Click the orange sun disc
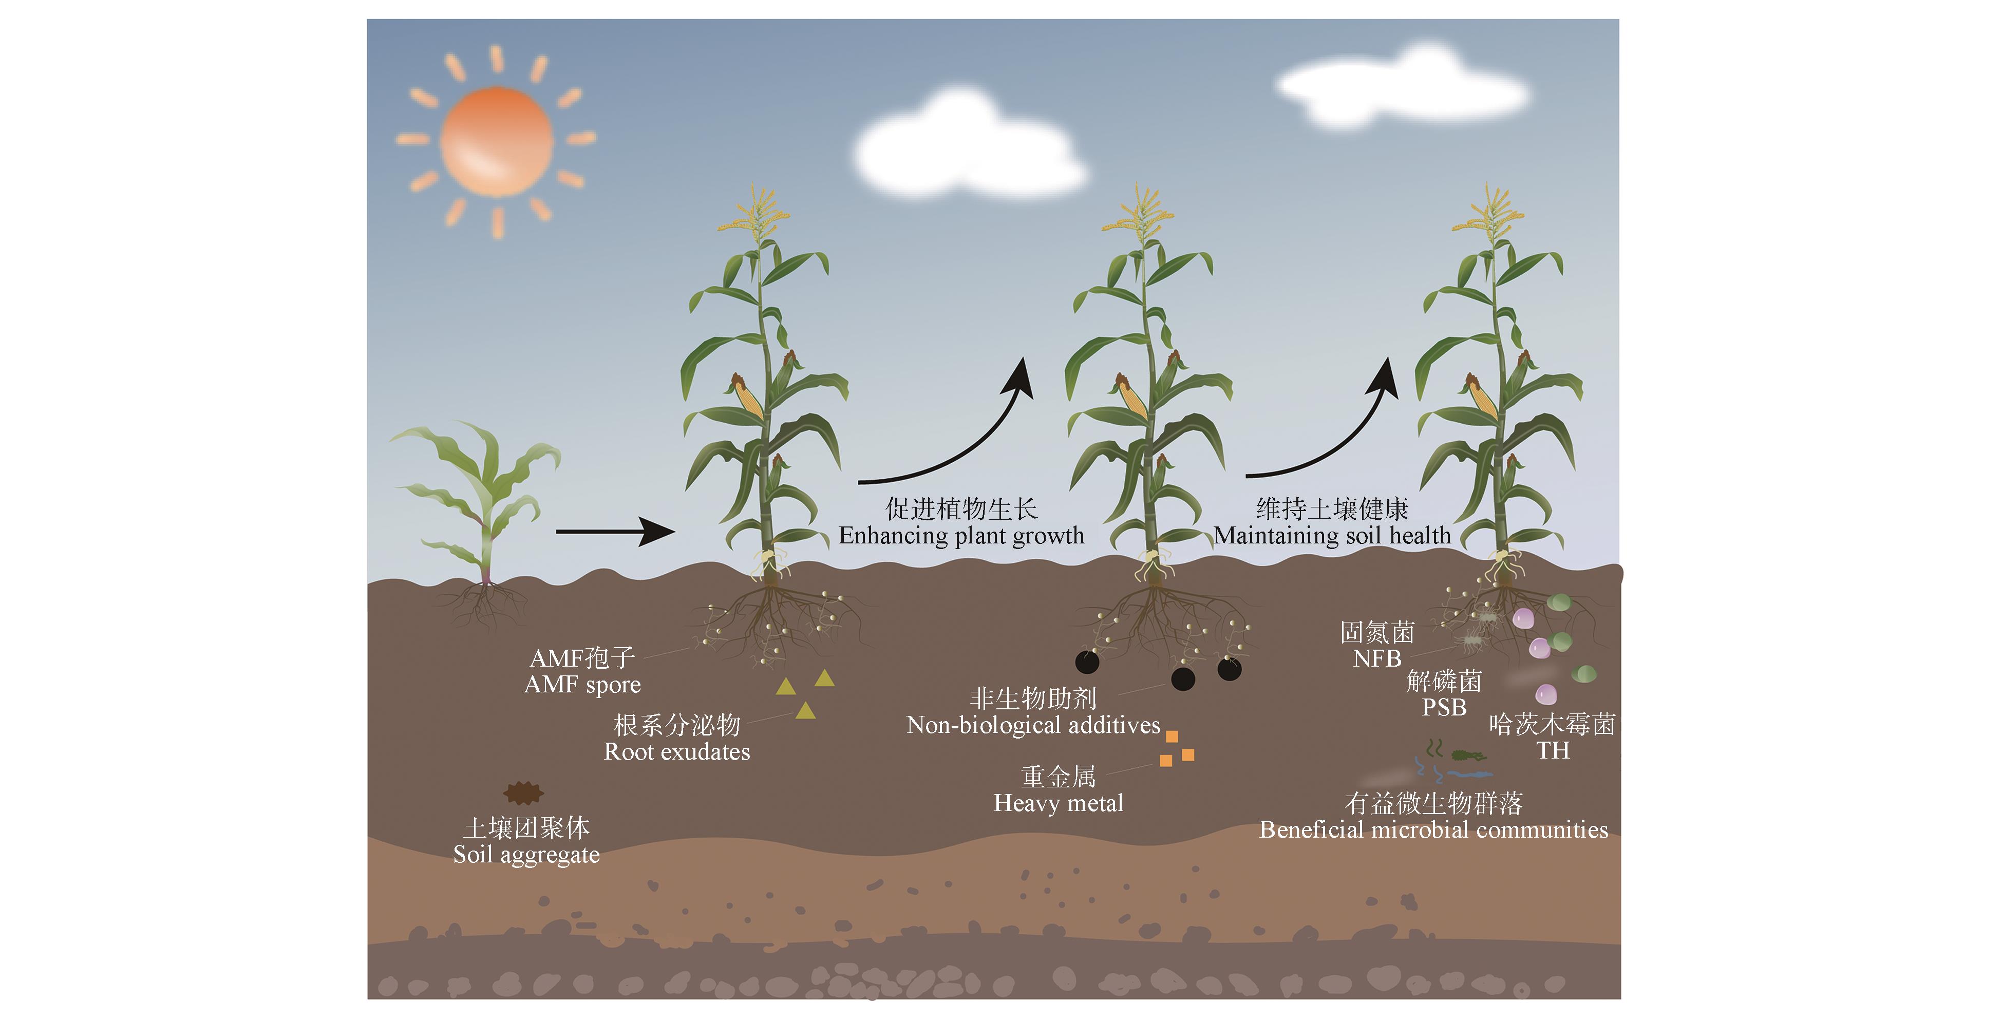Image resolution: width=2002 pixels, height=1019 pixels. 496,141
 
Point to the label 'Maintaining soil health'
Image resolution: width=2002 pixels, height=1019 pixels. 1332,536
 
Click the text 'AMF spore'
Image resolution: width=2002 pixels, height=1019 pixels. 583,685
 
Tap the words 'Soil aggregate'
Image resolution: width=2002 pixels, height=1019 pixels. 526,855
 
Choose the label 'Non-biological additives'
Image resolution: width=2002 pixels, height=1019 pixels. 1033,726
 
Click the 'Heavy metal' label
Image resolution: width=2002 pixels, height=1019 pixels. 1059,803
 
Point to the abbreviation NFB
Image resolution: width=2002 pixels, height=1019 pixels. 1376,659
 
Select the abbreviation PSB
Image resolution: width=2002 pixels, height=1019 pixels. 1444,708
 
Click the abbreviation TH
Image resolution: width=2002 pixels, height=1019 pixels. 1552,751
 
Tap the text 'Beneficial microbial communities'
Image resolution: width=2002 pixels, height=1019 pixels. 1433,830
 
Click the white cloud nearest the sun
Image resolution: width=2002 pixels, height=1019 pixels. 968,152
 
